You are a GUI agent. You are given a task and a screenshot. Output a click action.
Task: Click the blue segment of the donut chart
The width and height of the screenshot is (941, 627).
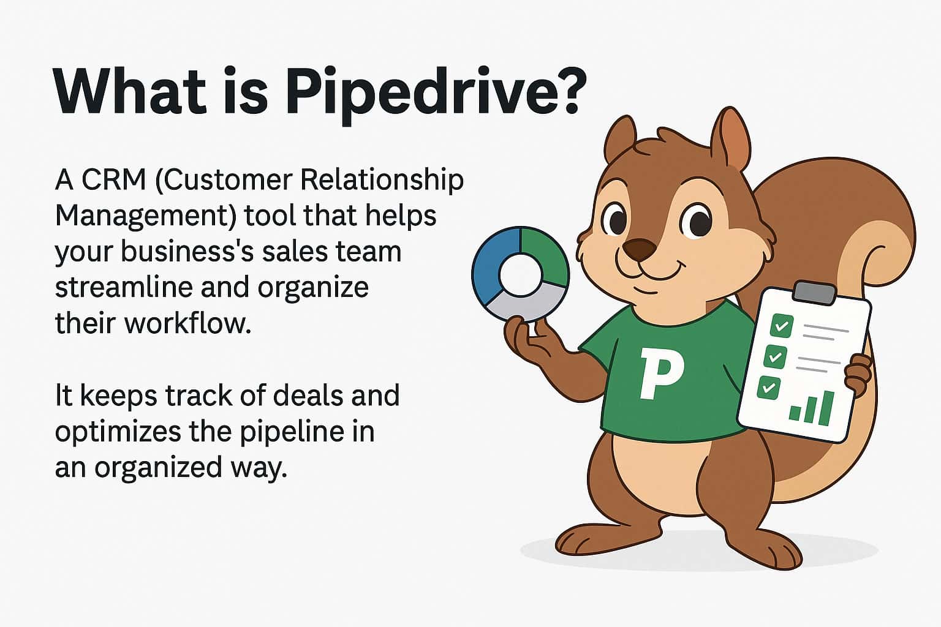tap(490, 260)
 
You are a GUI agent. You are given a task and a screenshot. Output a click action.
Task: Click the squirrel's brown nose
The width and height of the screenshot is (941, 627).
tap(638, 249)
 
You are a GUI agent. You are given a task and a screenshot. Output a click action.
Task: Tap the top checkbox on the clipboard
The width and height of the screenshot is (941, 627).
tap(780, 325)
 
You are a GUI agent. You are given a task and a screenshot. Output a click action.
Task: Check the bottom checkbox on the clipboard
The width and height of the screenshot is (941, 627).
tap(768, 388)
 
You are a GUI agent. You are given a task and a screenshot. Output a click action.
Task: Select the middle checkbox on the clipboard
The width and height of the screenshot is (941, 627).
tap(775, 356)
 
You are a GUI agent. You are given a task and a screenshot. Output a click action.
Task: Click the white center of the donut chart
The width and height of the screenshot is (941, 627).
tap(520, 274)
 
